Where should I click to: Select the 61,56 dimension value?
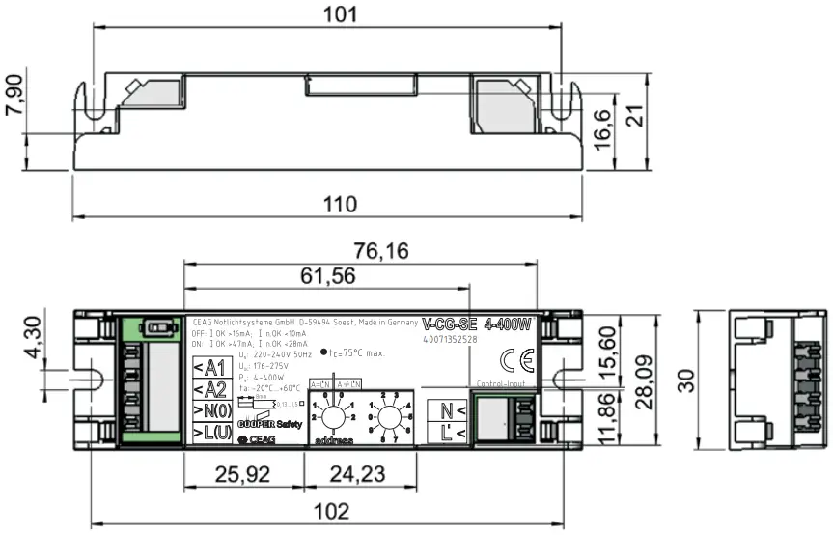pos(326,276)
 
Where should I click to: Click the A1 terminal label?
pos(208,367)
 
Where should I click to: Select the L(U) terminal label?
pos(208,434)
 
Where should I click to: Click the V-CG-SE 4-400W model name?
pos(477,324)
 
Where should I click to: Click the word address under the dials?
pos(333,441)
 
